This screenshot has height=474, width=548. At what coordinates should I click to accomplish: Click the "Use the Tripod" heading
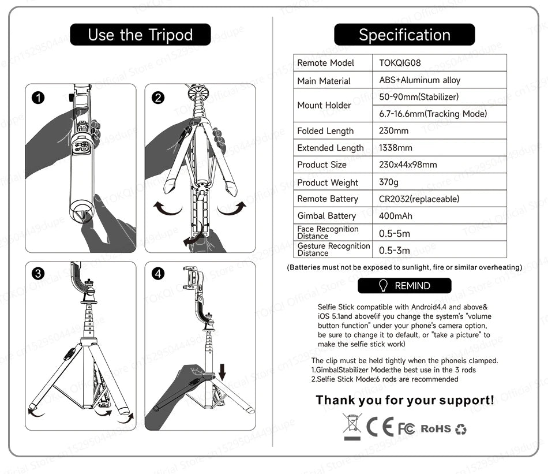point(140,35)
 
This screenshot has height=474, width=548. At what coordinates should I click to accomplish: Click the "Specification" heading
point(404,35)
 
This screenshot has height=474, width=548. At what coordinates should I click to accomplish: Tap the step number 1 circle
point(38,98)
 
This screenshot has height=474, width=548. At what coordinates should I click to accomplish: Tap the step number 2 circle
point(157,98)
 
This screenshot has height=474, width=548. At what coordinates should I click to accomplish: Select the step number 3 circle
point(38,274)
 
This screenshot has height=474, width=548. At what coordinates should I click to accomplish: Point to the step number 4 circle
point(157,274)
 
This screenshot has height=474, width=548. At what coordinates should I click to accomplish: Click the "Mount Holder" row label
point(324,105)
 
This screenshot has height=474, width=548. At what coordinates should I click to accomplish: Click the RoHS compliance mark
point(436,428)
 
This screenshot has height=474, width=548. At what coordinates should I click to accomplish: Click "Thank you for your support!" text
point(404,400)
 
